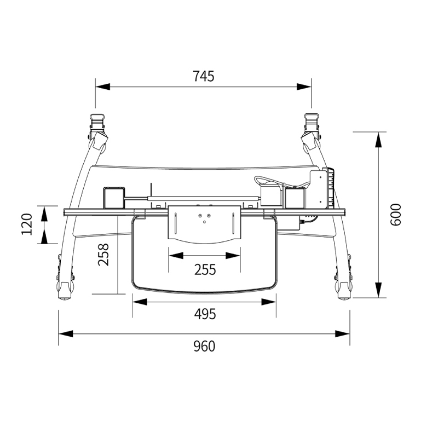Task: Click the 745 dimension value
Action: click(204, 76)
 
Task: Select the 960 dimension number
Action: click(204, 347)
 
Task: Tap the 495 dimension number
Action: click(205, 314)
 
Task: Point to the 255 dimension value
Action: click(205, 269)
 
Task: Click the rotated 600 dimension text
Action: click(395, 215)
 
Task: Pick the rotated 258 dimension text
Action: click(103, 255)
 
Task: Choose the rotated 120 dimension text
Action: click(27, 224)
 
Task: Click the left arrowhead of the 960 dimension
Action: click(66, 333)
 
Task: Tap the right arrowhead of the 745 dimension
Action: click(304, 87)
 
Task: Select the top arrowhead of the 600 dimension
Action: click(378, 140)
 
